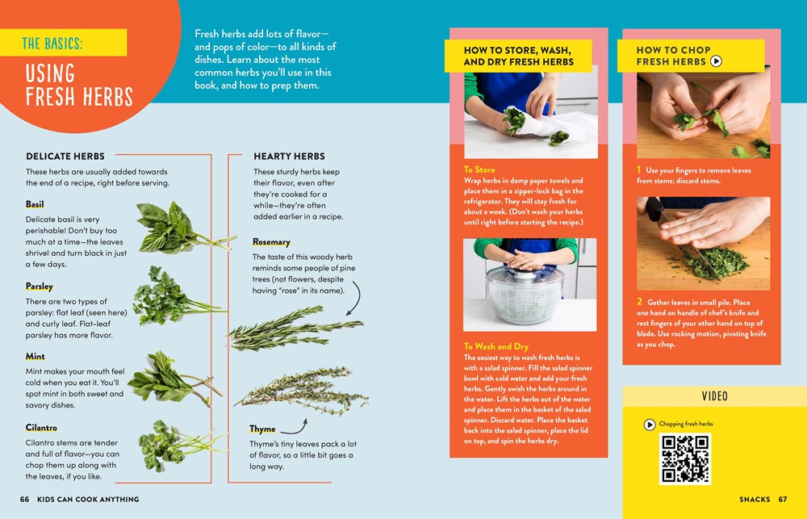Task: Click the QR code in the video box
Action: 685,458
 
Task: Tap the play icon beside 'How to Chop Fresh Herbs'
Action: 716,61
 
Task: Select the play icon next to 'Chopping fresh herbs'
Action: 649,424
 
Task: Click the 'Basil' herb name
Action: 35,204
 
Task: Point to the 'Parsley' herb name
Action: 40,286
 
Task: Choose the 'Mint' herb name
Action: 36,356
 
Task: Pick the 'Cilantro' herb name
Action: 41,428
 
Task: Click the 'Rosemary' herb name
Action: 271,242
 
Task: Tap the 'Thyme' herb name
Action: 262,429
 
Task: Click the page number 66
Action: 25,500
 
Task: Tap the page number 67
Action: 783,500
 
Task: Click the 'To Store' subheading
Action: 479,170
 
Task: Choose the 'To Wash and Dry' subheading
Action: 496,346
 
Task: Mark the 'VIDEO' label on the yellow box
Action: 714,396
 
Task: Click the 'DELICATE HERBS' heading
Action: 65,156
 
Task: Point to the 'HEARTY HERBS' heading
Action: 289,156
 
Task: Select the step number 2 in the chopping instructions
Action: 639,303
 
